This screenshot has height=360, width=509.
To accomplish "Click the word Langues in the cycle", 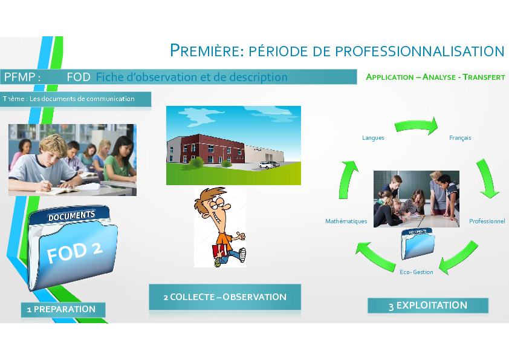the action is pos(373,138).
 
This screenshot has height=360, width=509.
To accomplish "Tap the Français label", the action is pos(460,138).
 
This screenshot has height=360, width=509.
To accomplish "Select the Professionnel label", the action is pos(487,221).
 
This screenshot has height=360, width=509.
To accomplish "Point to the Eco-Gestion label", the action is pos(416,272).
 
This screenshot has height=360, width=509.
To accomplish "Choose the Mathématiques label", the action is pos(346,221).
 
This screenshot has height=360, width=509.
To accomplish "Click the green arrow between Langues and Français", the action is pos(417,126).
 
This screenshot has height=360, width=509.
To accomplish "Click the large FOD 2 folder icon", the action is pos(72,247).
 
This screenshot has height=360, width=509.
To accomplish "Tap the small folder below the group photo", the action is pos(418,243).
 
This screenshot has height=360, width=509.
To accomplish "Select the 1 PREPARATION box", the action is pos(63,309).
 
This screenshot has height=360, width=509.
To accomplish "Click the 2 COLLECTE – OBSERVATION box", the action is pos(225,297).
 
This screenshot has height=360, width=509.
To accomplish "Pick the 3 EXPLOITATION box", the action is pos(428,306).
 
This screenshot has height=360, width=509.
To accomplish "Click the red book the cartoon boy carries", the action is pos(220,251).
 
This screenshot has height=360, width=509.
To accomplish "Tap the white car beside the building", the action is pos(269,165).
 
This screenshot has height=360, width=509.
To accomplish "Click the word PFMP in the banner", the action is pos(19,77).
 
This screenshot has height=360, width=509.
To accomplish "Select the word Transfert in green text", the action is pos(484,77).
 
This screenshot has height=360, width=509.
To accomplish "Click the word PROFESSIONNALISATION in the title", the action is pos(420,51).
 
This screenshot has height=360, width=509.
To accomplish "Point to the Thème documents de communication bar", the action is pos(76,99).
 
